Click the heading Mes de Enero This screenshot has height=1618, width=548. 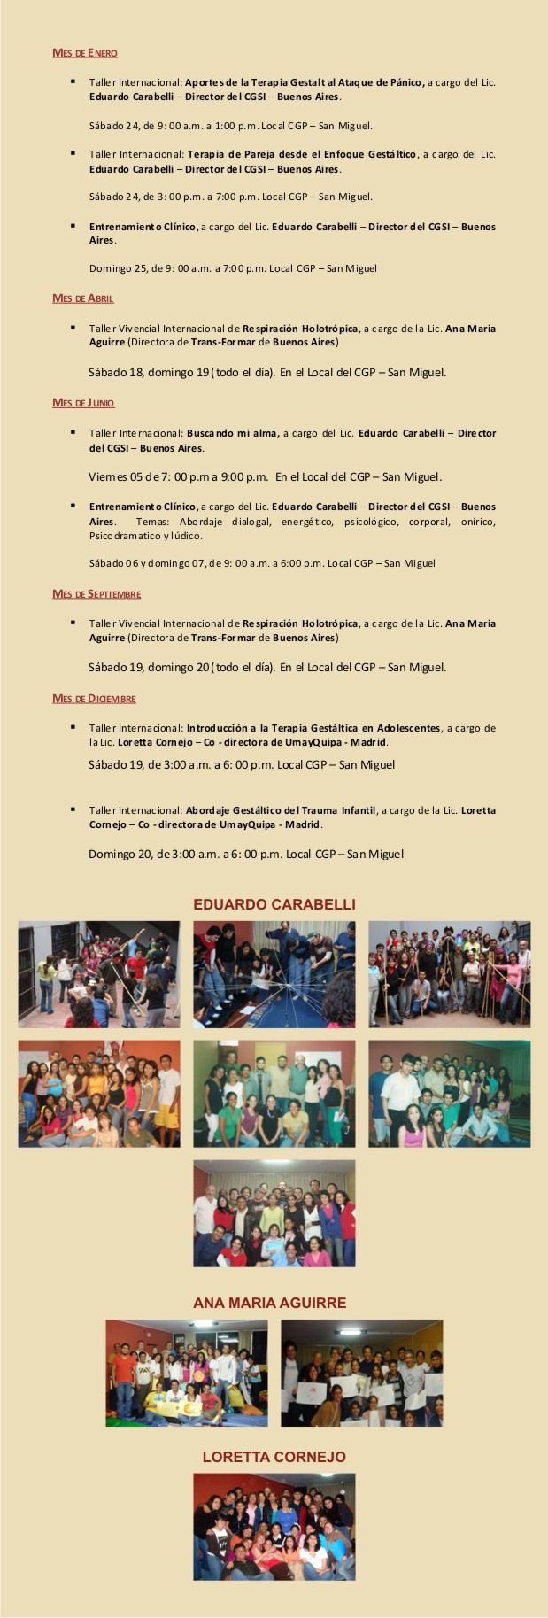(84, 53)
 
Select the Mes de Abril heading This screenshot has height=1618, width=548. (82, 298)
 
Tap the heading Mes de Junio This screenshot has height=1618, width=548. (82, 403)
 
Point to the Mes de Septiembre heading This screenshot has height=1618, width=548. (96, 594)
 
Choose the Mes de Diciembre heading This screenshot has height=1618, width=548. (94, 699)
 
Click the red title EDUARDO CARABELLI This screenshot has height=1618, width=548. (274, 904)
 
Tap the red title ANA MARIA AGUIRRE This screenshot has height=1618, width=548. (270, 1303)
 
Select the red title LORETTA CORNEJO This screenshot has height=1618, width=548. (274, 1457)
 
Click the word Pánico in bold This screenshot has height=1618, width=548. (406, 82)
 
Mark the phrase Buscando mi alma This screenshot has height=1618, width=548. (233, 433)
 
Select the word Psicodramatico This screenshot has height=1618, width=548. (121, 536)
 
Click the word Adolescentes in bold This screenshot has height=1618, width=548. (408, 728)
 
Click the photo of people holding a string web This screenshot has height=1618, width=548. (274, 974)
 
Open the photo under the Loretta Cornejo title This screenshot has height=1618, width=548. (274, 1527)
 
